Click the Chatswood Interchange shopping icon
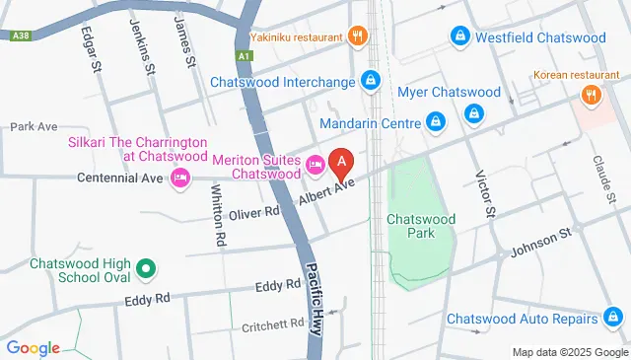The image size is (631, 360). [x=370, y=80]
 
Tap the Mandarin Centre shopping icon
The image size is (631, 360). [x=434, y=122]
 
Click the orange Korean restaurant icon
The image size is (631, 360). [x=591, y=96]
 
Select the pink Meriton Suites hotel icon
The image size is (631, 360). [x=315, y=166]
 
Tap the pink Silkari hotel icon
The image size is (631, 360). [x=179, y=178]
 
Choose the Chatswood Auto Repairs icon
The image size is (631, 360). [x=613, y=318]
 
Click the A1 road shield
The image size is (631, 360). [x=245, y=57]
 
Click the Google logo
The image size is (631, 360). [x=33, y=347]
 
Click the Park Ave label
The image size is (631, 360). [x=35, y=127]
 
